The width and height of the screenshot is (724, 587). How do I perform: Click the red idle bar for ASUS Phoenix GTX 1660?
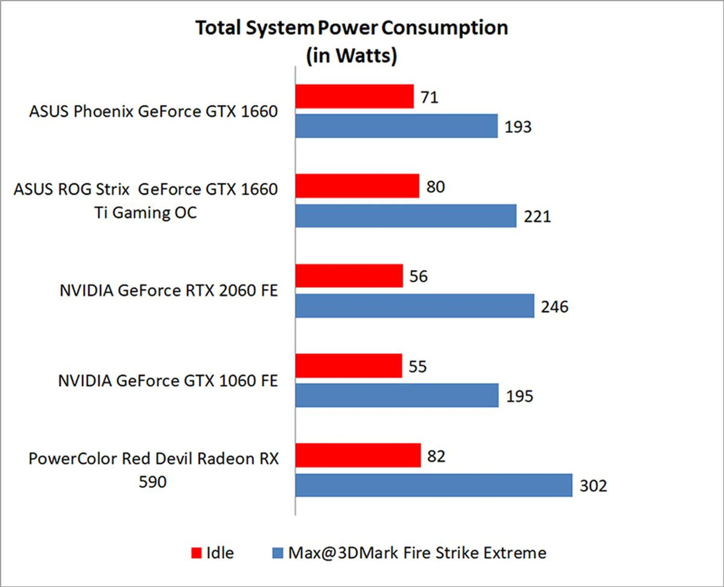(x=354, y=96)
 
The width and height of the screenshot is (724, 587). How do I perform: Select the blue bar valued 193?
(x=396, y=126)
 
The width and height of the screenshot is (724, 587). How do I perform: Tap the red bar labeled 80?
(x=357, y=186)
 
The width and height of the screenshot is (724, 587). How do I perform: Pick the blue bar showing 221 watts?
(x=406, y=216)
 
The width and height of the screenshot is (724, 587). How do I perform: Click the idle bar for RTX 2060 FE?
(x=349, y=276)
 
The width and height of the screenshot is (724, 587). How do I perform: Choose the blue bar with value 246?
(x=415, y=306)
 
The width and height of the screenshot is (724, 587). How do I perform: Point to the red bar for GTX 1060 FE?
(x=349, y=365)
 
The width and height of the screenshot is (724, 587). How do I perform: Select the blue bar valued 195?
(x=397, y=395)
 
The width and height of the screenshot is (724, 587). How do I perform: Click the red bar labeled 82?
(x=358, y=455)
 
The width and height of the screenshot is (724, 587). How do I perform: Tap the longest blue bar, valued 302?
(x=434, y=485)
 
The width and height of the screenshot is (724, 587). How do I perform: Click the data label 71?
(x=429, y=97)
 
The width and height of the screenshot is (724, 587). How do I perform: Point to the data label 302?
(x=593, y=486)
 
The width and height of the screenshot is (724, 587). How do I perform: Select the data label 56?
(x=419, y=276)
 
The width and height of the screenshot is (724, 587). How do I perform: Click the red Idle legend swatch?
(x=196, y=553)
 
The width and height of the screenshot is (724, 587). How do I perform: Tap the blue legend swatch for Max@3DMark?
(x=278, y=553)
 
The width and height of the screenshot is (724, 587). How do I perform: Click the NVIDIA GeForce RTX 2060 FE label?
(x=169, y=291)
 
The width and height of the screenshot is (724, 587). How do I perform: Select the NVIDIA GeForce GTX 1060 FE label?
(x=168, y=381)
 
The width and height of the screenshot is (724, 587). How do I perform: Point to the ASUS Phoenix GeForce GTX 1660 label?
(x=153, y=111)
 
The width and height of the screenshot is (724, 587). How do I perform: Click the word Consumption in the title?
(x=445, y=28)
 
